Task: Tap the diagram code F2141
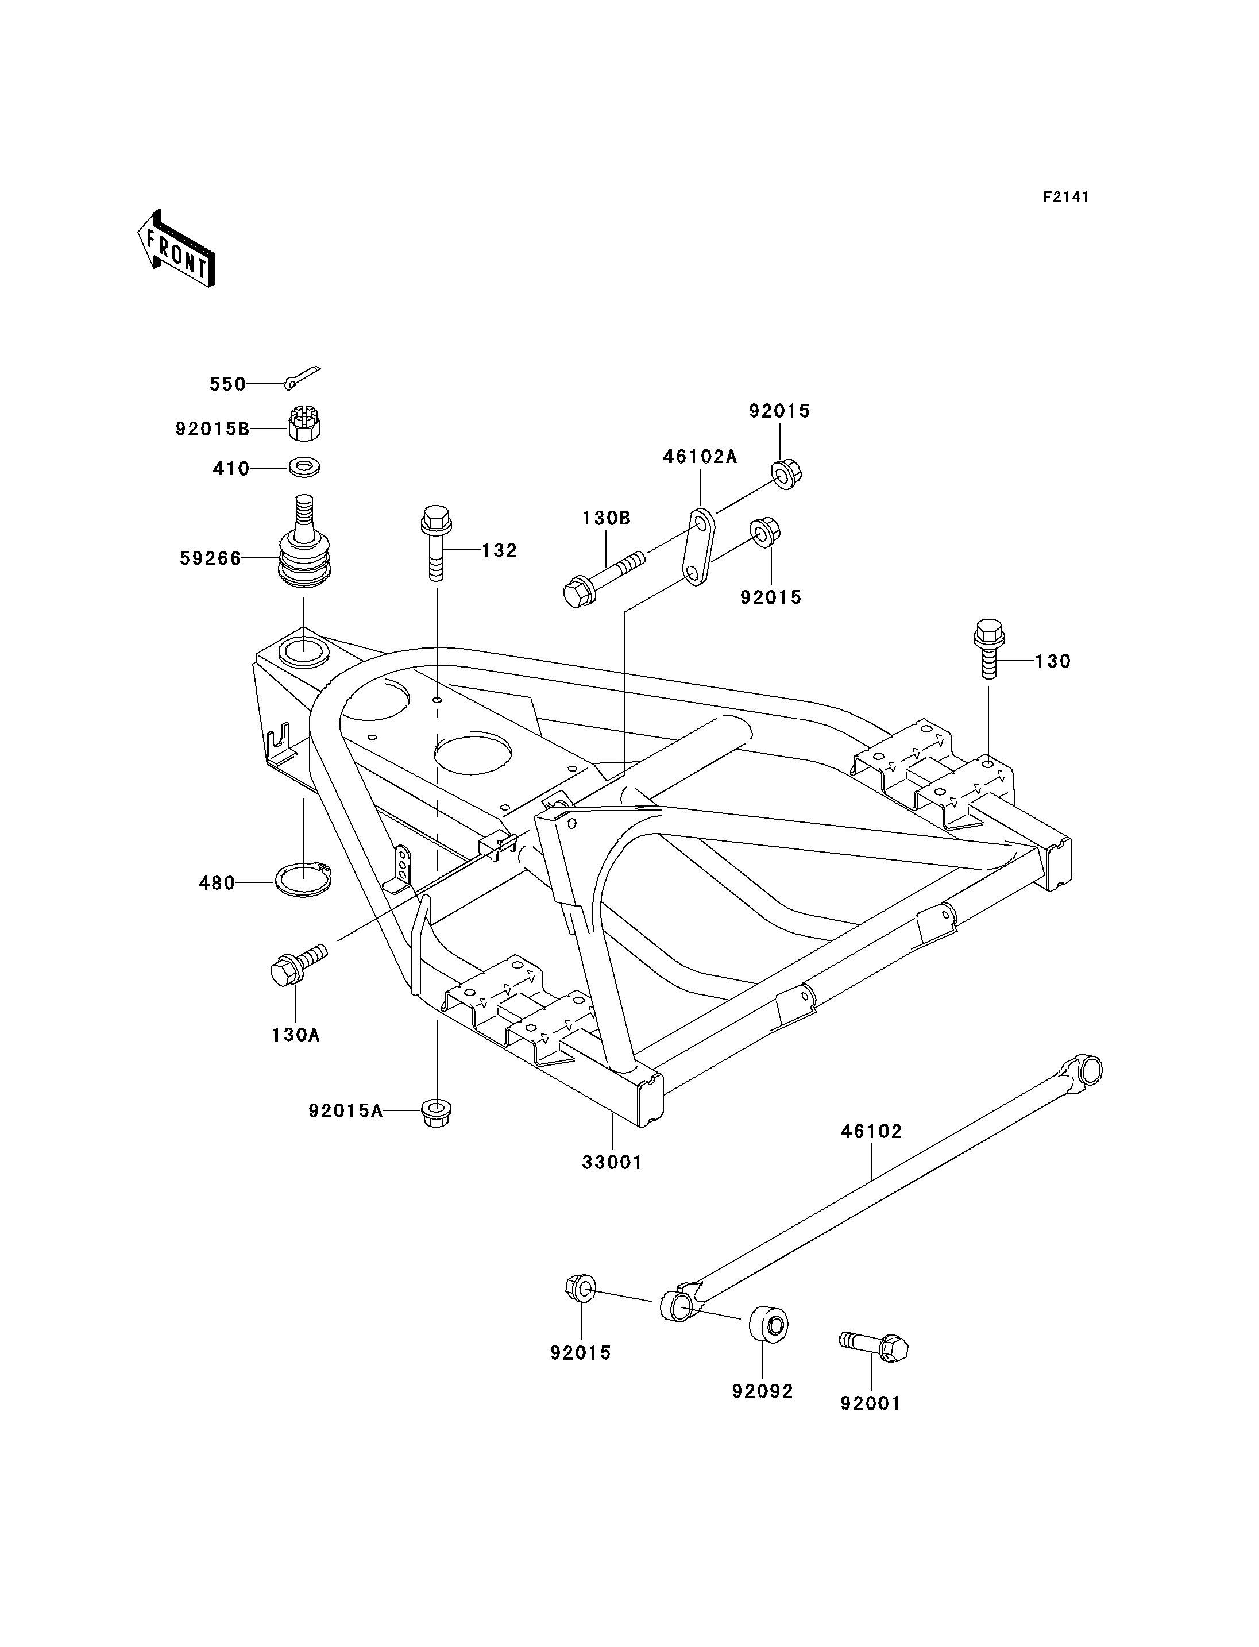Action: tap(1065, 197)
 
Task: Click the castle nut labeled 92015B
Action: tap(305, 427)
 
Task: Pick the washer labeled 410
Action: tap(305, 469)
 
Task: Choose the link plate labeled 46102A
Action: tap(700, 547)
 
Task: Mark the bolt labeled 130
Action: tap(988, 649)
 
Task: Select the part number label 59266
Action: tap(211, 558)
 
